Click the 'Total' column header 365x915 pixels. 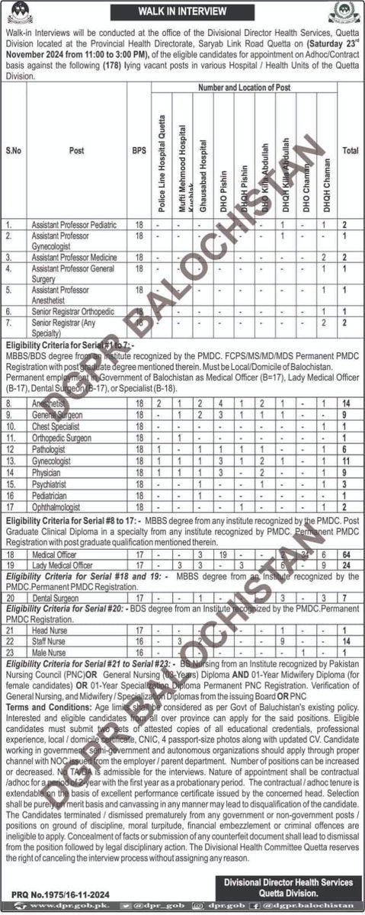coord(351,151)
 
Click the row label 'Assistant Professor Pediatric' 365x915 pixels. coord(73,225)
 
